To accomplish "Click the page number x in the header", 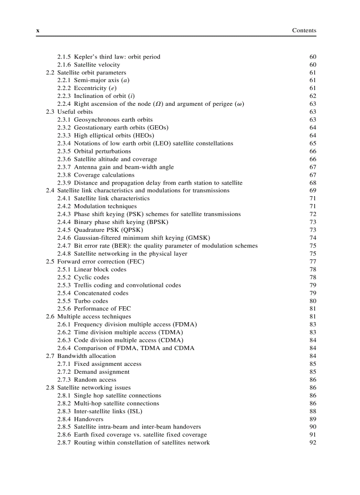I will [x=38, y=31].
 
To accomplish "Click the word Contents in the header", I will [x=304, y=30].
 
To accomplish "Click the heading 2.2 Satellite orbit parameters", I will [x=86, y=73].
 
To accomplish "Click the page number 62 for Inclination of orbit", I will [x=313, y=96].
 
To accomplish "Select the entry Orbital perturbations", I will [x=102, y=151].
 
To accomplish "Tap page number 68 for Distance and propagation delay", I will [x=313, y=183].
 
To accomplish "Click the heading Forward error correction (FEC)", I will [x=101, y=261].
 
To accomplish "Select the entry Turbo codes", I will [x=91, y=301].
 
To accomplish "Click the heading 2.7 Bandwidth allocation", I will [x=81, y=356].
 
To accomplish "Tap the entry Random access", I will [x=95, y=380].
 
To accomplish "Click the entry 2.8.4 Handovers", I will [x=80, y=419].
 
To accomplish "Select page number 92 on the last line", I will [x=313, y=443].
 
